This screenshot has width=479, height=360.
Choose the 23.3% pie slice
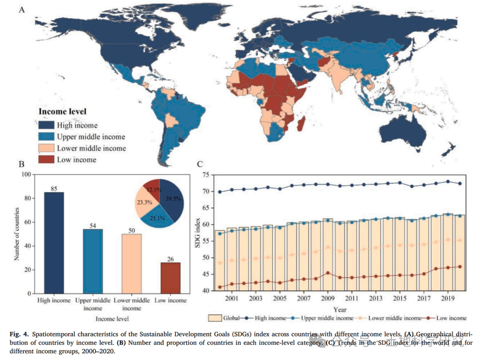tap(145, 203)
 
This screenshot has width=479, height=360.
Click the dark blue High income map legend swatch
tap(46, 126)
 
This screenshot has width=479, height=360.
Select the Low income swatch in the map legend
tap(46, 159)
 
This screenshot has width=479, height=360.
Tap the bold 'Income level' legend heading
tap(63, 112)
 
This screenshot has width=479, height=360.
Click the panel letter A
tap(21, 9)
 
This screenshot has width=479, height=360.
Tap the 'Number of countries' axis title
tap(17, 233)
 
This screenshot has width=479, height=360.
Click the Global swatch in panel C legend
tap(215, 318)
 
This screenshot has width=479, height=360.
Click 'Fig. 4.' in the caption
tap(20, 334)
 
